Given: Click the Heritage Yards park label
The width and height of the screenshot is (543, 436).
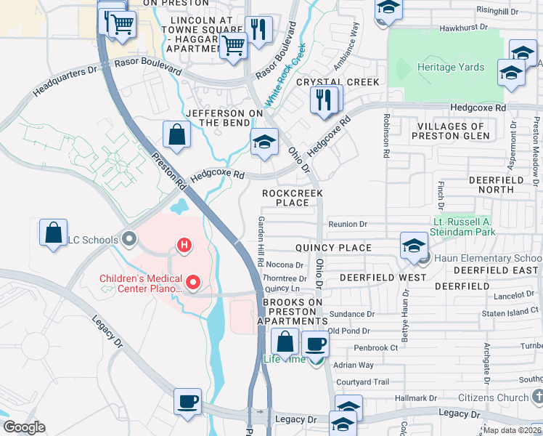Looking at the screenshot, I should (x=450, y=67).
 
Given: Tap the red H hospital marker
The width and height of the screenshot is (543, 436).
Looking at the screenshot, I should (x=184, y=246).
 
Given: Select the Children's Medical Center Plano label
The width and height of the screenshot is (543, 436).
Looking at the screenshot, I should (x=140, y=283).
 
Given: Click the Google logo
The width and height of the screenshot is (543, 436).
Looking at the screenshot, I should (x=24, y=427).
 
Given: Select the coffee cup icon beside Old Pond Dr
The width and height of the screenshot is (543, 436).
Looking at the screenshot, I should (x=314, y=344).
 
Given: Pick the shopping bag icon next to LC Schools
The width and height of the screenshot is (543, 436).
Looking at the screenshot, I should (x=54, y=234).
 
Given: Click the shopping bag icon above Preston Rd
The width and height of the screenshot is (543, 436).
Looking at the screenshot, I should (x=176, y=134).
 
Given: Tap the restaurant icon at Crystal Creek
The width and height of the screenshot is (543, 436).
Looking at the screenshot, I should (x=324, y=100).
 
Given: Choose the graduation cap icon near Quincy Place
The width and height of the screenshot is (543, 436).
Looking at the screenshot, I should (x=414, y=246).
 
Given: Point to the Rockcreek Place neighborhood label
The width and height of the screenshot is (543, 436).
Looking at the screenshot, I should (x=292, y=198).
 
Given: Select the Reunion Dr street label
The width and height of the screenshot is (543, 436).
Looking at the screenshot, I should (x=348, y=225).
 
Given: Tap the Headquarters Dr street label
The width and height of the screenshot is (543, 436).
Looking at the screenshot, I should (x=65, y=82).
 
